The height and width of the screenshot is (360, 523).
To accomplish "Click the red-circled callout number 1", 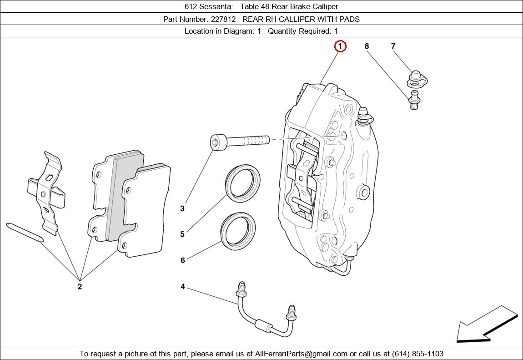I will (340, 46).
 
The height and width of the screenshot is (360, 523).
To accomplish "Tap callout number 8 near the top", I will (367, 46).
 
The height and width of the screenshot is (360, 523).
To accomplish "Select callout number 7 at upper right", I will (393, 46).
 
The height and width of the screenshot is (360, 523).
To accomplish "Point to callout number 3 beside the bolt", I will (182, 208).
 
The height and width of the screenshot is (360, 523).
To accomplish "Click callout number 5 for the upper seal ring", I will (182, 234).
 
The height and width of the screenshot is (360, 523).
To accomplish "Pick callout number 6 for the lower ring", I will (182, 260).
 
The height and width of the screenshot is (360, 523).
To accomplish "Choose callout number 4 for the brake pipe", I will (183, 287).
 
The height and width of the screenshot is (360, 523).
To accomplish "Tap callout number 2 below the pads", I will (80, 286).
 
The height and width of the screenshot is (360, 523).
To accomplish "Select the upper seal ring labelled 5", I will (243, 183).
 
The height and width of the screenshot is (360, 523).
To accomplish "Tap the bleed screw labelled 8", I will (414, 100).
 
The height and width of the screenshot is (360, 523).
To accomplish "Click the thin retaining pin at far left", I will (25, 232).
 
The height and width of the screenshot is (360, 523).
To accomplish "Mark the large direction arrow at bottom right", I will (487, 324).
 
